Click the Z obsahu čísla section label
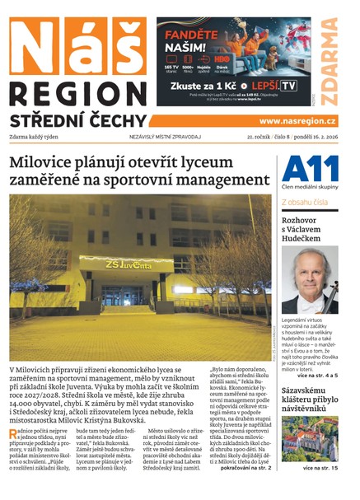click(305, 202)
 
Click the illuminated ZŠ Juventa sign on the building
click(128, 265)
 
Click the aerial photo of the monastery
click(309, 439)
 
